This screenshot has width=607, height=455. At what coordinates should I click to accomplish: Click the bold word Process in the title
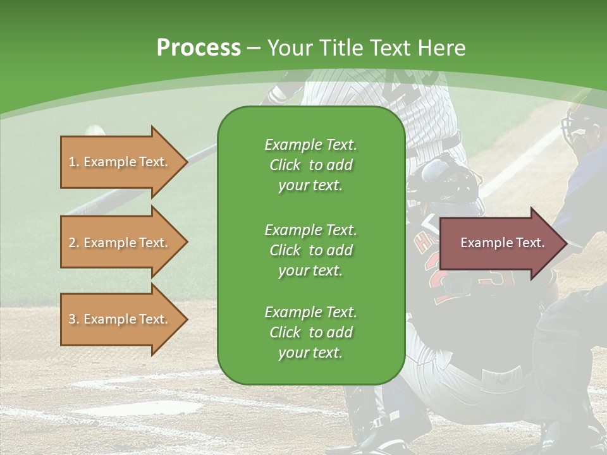click(199, 48)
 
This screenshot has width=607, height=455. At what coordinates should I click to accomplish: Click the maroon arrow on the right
click(500, 243)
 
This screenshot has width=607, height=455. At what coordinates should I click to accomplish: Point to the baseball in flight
click(95, 130)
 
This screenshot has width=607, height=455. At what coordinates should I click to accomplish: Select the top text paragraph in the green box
click(310, 165)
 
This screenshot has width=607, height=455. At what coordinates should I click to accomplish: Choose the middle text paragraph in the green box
click(310, 250)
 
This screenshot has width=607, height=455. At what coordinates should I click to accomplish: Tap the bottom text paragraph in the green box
click(310, 332)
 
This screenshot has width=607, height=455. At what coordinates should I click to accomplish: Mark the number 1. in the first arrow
click(74, 162)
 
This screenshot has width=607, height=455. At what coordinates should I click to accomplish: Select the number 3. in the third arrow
click(74, 319)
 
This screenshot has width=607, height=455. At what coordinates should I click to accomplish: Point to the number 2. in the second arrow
click(74, 243)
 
